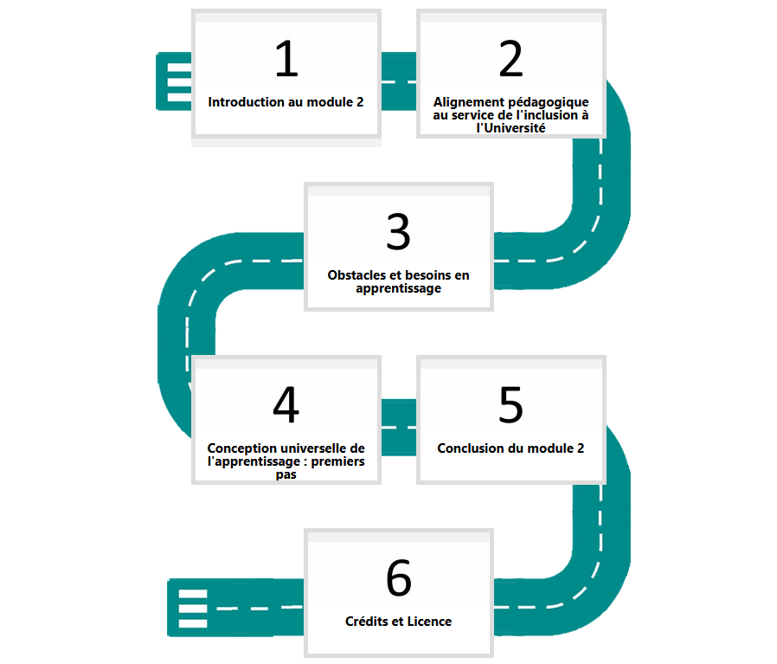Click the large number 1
(x=287, y=59)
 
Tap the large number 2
(x=511, y=59)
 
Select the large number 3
(x=399, y=232)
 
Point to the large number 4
(x=286, y=404)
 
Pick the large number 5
(x=511, y=404)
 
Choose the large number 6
(x=399, y=577)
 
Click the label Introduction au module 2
(x=286, y=102)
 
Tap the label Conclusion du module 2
(x=511, y=448)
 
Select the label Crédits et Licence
(x=398, y=622)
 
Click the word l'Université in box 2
(x=511, y=128)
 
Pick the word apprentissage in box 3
(x=398, y=288)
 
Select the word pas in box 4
(x=286, y=474)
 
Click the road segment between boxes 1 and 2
(x=399, y=81)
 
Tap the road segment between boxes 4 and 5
(x=399, y=427)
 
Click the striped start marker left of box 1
(x=174, y=81)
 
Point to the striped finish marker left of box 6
(x=193, y=607)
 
